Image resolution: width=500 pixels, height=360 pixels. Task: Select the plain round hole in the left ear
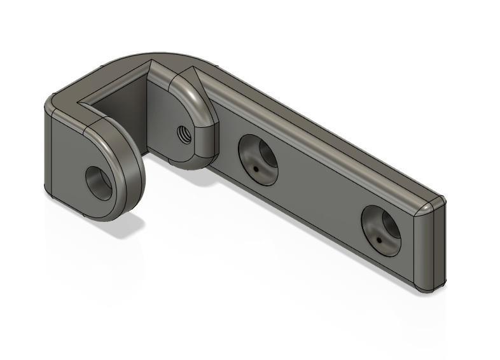tap(99, 183)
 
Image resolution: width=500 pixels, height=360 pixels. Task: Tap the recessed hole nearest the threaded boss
tap(258, 159)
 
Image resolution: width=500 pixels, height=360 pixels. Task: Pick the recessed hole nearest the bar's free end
tap(381, 230)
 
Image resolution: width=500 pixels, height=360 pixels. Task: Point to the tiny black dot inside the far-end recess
tap(378, 240)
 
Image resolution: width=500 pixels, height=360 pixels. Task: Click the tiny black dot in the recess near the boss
tap(255, 169)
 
